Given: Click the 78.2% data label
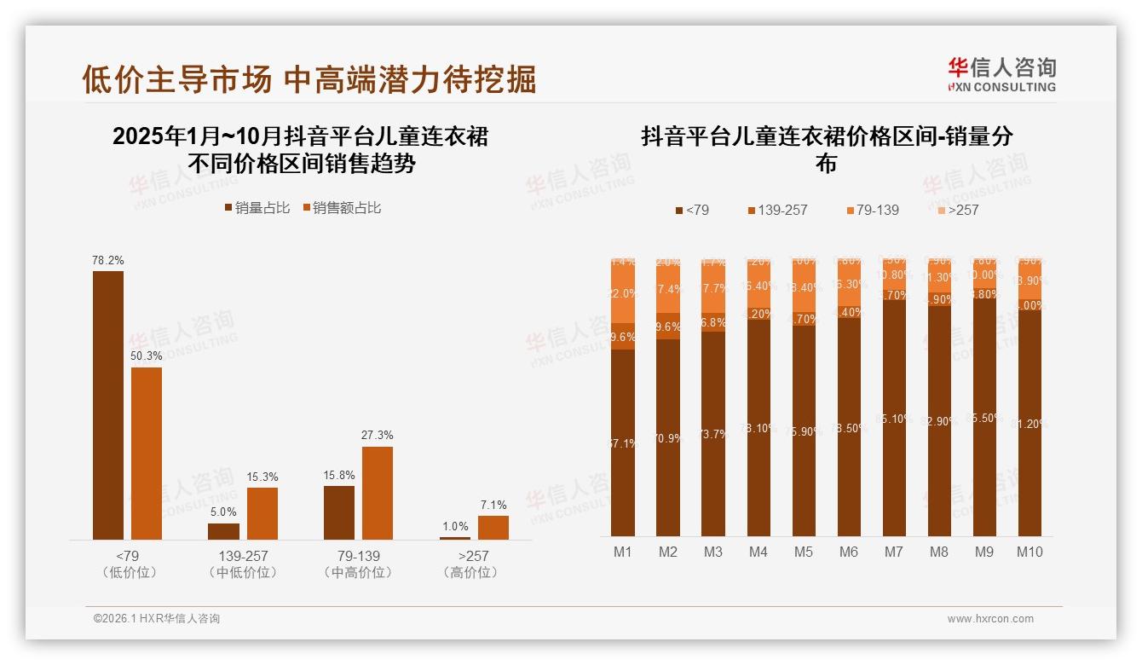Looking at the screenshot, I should [x=107, y=260].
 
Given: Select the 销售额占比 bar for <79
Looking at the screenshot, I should [x=147, y=453].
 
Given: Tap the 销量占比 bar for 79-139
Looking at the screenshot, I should [x=339, y=512].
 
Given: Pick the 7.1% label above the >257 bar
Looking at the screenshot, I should [x=493, y=505].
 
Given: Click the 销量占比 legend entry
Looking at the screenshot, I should [x=257, y=208].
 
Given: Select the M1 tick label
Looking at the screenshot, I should [x=623, y=552].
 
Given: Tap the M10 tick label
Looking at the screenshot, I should [x=1030, y=552].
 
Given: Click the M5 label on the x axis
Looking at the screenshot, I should [x=804, y=552].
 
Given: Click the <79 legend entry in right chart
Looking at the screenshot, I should [x=692, y=210].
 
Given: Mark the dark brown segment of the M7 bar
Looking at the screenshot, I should [x=893, y=418].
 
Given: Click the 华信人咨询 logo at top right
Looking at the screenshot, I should [x=1001, y=75].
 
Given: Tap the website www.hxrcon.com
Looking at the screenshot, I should [x=990, y=619].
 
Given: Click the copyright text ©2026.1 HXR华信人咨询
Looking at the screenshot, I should [x=157, y=619].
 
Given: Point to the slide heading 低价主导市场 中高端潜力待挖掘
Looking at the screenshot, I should [x=309, y=79].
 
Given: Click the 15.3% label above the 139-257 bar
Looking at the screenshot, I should [x=262, y=477].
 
